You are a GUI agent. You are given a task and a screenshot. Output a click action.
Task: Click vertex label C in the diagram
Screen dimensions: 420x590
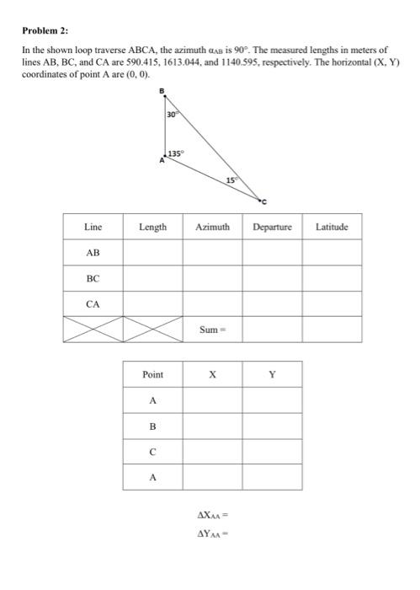(263, 202)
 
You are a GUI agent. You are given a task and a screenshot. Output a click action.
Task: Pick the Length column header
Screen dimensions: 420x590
(152, 227)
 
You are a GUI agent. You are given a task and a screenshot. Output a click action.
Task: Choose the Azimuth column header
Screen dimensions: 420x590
(212, 227)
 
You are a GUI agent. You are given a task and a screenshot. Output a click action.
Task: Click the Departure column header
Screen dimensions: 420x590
(272, 227)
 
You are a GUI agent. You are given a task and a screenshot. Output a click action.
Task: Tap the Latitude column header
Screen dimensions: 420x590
(332, 227)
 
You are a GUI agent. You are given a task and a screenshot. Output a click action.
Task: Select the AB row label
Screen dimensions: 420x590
(93, 252)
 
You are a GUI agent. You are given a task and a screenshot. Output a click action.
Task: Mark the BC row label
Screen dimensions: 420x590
(93, 277)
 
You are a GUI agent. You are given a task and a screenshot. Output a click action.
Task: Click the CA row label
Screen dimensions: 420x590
(93, 303)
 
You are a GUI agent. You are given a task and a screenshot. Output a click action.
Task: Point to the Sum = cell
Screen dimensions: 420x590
(212, 330)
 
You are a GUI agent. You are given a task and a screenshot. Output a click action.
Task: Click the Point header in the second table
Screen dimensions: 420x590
(152, 374)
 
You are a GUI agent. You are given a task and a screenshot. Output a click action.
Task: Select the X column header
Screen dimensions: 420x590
(212, 374)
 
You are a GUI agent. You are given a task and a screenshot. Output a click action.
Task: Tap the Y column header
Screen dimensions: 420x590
(271, 374)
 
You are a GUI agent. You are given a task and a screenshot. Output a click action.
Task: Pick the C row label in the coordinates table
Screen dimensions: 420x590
(152, 451)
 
